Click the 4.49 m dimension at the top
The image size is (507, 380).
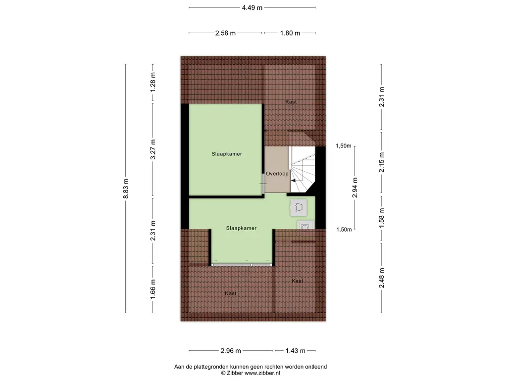252,7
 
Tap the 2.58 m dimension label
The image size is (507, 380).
225,33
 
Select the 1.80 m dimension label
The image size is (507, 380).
290,33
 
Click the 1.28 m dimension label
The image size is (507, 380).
153,81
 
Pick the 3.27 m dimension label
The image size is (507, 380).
153,150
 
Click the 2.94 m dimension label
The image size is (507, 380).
355,188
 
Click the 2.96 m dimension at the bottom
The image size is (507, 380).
231,351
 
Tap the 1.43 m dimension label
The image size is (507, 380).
295,351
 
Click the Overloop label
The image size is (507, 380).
277,174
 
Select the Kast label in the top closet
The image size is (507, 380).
291,101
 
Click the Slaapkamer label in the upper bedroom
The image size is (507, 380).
227,154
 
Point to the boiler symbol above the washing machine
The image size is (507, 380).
297,207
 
